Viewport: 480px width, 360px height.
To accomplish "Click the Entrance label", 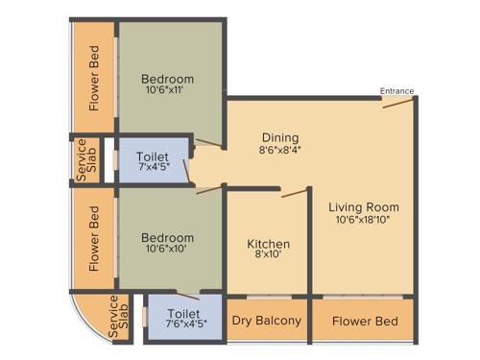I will [x=396, y=91].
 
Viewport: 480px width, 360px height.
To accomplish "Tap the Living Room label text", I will [x=363, y=207].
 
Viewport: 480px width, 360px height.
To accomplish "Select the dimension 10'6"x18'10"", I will [x=363, y=220].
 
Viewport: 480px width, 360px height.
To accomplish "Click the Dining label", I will [x=279, y=137].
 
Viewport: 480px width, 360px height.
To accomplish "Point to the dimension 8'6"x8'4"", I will [x=279, y=151].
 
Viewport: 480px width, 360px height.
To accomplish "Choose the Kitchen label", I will [x=268, y=244].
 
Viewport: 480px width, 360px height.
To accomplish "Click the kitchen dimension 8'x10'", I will [x=268, y=257].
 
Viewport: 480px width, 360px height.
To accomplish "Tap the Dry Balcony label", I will [x=266, y=321].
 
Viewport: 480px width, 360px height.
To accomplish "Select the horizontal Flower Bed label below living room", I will [x=364, y=321].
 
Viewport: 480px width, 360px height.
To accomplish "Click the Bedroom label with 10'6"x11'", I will [x=167, y=79].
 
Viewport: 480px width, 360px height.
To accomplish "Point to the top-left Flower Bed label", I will [x=94, y=79].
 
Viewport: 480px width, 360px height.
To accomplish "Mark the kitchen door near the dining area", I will [x=292, y=193].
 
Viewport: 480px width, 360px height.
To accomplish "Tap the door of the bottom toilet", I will [x=188, y=295].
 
